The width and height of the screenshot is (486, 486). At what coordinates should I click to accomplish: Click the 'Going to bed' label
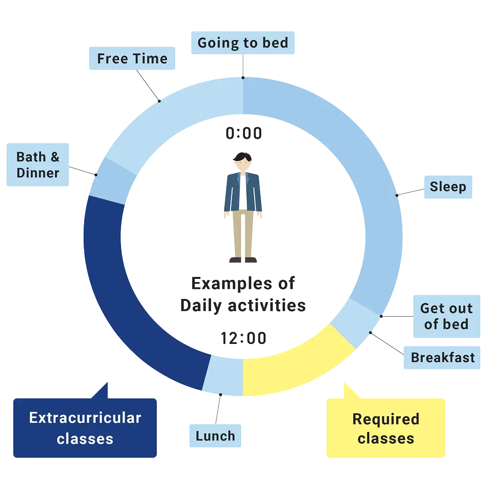point(243,43)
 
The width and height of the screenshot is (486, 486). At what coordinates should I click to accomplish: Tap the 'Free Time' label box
point(132,59)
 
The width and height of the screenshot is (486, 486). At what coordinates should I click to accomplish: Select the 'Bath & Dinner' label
point(38,165)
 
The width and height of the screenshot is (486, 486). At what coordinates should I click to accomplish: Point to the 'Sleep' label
point(447,187)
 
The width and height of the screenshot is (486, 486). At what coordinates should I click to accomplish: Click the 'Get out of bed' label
point(446,316)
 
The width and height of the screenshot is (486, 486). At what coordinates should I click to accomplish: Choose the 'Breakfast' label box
point(442,357)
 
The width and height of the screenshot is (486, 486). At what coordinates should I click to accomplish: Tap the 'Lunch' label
point(215,436)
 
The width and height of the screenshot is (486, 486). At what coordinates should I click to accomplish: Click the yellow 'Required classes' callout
point(386,429)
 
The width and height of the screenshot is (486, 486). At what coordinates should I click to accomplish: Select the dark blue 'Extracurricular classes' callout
point(85,428)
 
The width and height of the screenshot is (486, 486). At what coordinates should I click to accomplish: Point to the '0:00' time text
point(244,134)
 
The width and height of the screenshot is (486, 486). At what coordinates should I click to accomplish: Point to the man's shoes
point(243,260)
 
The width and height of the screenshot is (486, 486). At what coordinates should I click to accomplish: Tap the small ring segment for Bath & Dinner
point(108,179)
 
